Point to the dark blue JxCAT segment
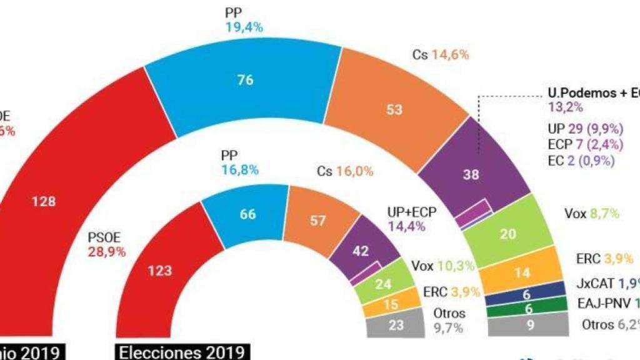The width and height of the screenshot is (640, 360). click(526, 295)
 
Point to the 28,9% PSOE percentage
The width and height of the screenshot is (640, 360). click(106, 252)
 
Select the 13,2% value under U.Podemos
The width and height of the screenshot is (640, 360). click(566, 107)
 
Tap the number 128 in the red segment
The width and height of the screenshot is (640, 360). click(44, 202)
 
